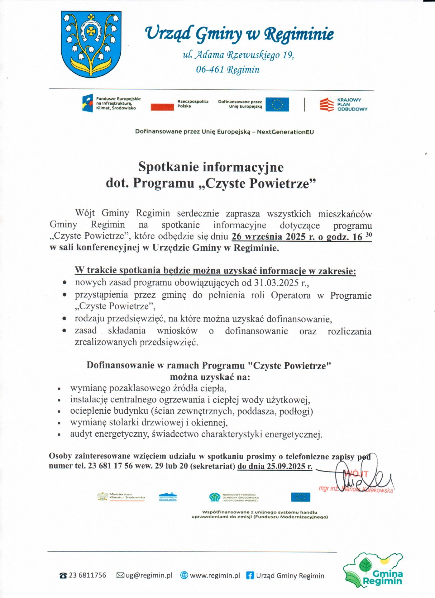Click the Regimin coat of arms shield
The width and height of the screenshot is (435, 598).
click(x=91, y=44)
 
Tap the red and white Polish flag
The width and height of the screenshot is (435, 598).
click(x=162, y=104)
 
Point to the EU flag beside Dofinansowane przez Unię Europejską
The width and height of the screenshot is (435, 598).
click(x=277, y=104)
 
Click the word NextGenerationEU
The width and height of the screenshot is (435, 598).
click(x=285, y=132)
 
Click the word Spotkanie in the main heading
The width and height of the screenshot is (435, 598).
click(x=168, y=167)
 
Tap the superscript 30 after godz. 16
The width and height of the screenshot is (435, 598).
click(x=369, y=235)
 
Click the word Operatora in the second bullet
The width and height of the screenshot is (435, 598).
click(x=291, y=295)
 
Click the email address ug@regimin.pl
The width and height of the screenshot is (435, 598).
click(x=149, y=575)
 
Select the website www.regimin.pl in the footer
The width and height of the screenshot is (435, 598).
click(x=215, y=576)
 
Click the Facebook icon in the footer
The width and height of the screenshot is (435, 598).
click(x=250, y=576)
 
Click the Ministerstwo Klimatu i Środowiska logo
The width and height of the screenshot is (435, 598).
click(x=121, y=496)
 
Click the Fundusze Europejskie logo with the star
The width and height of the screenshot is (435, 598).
click(x=88, y=103)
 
